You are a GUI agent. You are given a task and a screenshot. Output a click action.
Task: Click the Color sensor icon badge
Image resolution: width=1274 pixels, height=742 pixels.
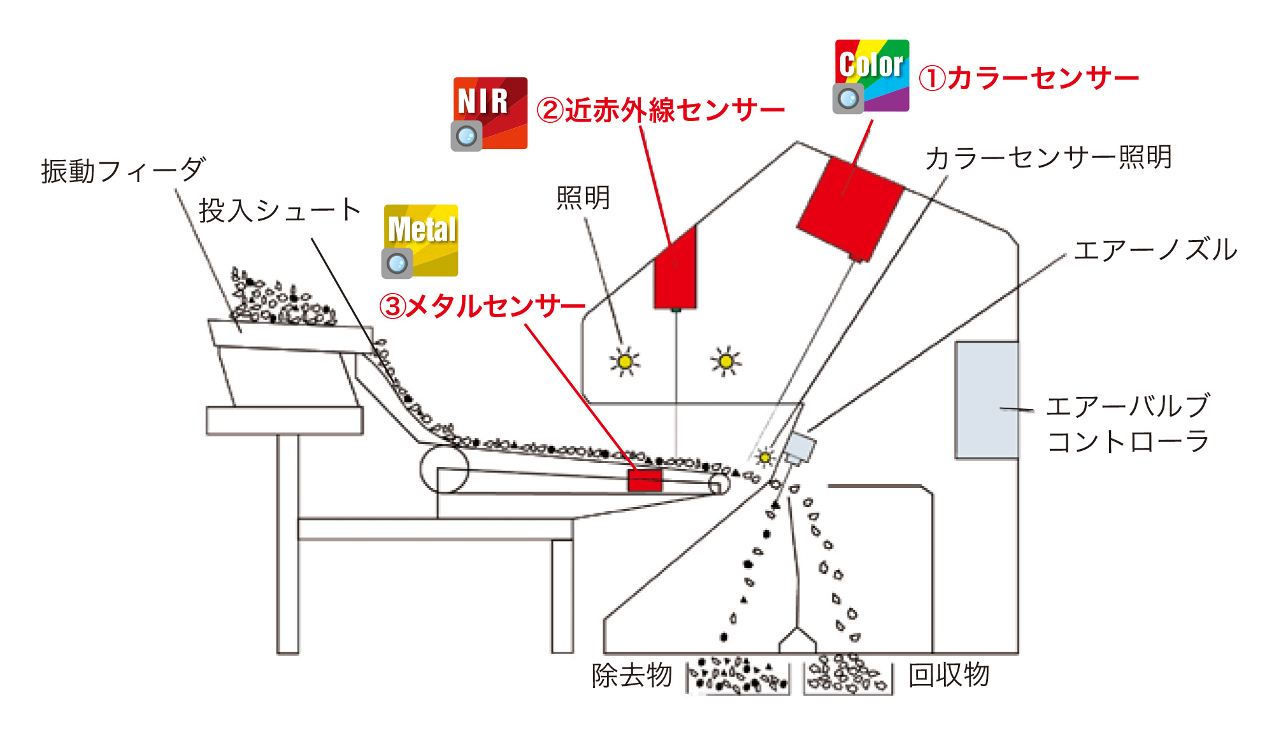pyautogui.click(x=871, y=76)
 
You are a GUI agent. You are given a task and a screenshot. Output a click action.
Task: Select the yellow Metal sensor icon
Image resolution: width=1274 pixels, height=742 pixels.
pyautogui.click(x=420, y=241)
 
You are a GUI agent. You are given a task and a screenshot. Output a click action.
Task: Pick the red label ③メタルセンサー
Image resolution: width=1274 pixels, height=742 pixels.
pyautogui.click(x=482, y=306)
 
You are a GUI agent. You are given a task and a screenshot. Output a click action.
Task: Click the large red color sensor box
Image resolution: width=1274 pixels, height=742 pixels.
pyautogui.click(x=850, y=208)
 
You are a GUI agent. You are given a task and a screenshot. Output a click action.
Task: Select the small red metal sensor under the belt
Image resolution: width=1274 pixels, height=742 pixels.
pyautogui.click(x=645, y=480)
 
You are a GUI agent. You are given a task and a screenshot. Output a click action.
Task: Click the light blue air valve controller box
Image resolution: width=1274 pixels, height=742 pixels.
pyautogui.click(x=986, y=400)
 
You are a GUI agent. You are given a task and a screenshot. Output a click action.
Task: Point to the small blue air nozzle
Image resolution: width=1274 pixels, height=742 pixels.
pyautogui.click(x=799, y=447)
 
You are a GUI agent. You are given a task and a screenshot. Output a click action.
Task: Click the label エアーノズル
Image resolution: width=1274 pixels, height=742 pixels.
pyautogui.click(x=1155, y=250)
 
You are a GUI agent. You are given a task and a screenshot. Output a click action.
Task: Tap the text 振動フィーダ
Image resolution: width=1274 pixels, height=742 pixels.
pyautogui.click(x=123, y=171)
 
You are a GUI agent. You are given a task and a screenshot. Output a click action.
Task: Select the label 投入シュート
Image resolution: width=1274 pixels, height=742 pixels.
pyautogui.click(x=280, y=210)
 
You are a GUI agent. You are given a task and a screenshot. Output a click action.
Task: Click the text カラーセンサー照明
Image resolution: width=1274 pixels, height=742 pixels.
pyautogui.click(x=1048, y=157)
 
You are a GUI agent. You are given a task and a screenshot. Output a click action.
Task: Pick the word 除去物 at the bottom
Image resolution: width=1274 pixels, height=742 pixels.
pyautogui.click(x=631, y=675)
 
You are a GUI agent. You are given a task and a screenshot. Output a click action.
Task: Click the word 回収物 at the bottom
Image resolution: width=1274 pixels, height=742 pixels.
pyautogui.click(x=948, y=675)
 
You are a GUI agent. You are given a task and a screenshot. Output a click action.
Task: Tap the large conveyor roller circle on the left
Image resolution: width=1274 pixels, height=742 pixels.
pyautogui.click(x=444, y=469)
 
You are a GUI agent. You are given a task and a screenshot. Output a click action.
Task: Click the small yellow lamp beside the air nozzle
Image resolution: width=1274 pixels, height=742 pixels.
pyautogui.click(x=764, y=457)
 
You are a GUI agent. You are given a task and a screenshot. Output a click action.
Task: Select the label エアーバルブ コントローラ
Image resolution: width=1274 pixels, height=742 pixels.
pyautogui.click(x=1127, y=424)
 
